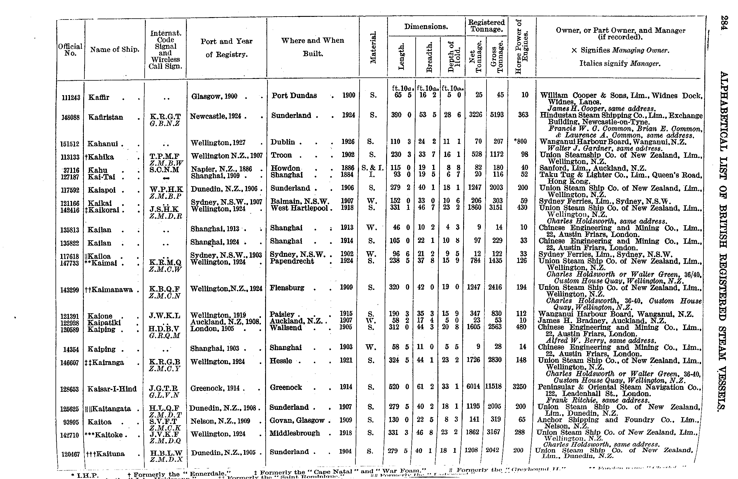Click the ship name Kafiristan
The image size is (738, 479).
coord(105,117)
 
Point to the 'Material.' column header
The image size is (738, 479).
coord(373,48)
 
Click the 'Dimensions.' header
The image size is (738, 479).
coord(426,27)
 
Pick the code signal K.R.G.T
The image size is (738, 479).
coord(165,116)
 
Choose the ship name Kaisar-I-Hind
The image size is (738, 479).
coord(112,389)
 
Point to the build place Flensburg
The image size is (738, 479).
coord(287,288)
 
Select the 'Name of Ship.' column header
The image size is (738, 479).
coord(115,50)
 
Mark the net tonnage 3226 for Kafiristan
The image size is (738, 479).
coord(475,115)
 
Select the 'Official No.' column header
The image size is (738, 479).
coord(70,50)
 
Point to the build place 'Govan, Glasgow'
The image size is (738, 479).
coord(297,420)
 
